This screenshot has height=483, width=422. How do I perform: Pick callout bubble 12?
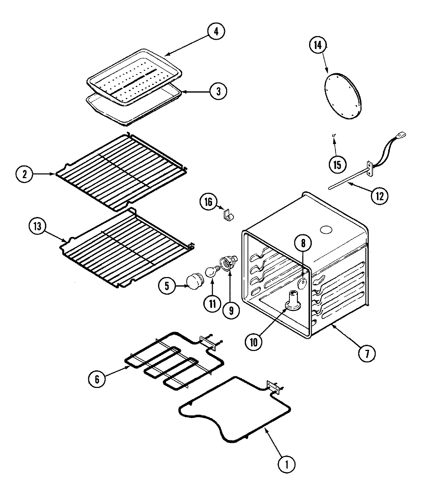pos(379,194)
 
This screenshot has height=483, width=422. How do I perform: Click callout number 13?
pos(38,227)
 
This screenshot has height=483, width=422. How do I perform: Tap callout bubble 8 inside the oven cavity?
pos(303,243)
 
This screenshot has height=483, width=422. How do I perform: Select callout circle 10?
pos(254,341)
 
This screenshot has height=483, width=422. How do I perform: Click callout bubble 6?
pos(97,379)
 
